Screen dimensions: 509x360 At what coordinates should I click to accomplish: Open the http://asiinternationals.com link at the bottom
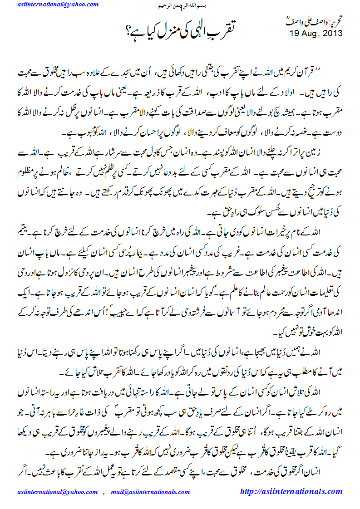[x=291, y=491]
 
